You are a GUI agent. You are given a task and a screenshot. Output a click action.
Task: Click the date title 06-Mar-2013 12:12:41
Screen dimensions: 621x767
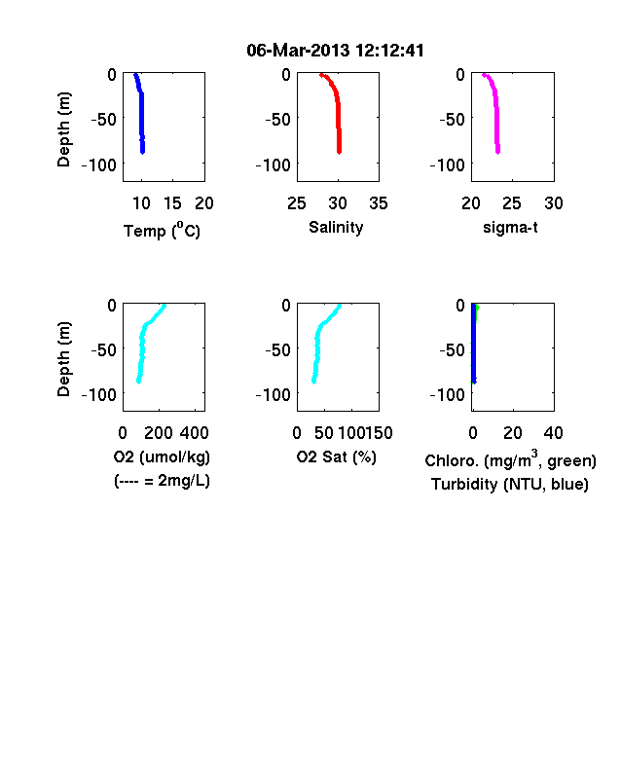335,51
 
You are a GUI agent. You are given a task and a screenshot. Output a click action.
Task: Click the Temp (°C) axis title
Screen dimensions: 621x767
162,231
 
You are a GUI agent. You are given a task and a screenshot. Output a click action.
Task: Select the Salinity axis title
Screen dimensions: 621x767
336,228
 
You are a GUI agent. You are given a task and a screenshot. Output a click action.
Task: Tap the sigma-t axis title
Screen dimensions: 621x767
510,228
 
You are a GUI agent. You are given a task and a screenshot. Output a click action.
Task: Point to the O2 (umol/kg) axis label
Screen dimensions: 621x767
162,457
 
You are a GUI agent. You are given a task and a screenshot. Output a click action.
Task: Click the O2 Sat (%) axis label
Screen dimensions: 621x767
337,457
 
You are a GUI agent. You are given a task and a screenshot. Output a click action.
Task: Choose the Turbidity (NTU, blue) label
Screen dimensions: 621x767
510,485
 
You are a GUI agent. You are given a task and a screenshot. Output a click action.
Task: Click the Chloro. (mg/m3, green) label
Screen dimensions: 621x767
510,459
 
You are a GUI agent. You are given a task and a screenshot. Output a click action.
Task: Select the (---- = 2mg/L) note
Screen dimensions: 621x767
162,481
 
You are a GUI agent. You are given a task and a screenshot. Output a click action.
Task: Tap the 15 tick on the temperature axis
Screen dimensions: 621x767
172,203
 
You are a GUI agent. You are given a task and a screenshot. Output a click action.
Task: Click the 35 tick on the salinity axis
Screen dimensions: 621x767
379,203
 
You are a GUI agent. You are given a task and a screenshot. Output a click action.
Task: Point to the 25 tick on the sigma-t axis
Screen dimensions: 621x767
511,203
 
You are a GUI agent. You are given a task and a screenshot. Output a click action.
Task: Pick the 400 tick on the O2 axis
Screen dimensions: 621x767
194,433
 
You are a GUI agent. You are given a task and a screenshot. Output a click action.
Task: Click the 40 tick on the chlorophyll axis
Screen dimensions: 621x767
553,433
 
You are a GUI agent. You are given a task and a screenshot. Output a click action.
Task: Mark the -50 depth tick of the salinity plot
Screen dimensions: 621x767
277,119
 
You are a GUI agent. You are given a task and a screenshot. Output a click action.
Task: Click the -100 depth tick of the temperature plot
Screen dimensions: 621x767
99,164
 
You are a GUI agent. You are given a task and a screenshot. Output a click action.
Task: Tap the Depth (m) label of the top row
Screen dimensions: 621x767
63,129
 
